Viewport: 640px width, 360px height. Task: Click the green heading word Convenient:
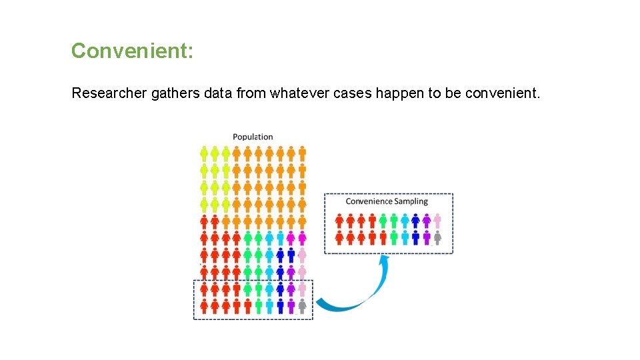pyautogui.click(x=132, y=51)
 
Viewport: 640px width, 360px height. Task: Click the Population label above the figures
pyautogui.click(x=253, y=137)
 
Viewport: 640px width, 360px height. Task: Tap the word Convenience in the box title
pyautogui.click(x=369, y=201)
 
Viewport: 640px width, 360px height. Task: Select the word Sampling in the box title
pyautogui.click(x=411, y=201)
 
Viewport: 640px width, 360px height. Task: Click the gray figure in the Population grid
pyautogui.click(x=302, y=306)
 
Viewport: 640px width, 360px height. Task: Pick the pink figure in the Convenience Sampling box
pyautogui.click(x=437, y=220)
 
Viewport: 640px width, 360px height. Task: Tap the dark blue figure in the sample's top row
pyautogui.click(x=415, y=220)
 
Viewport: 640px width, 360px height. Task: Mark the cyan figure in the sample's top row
pyautogui.click(x=405, y=220)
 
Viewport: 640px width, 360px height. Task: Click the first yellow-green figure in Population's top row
pyautogui.click(x=204, y=154)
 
